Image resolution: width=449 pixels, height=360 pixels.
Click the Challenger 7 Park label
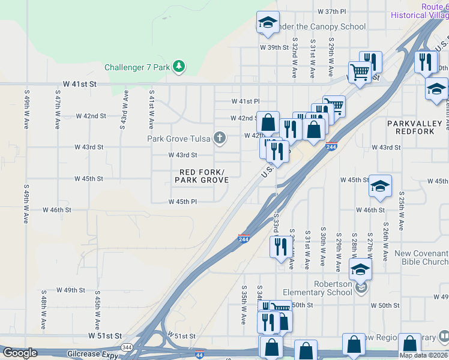point(137,67)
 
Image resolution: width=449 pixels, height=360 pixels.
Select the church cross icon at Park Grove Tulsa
point(220,139)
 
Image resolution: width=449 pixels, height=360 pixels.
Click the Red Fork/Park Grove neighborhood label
point(202,176)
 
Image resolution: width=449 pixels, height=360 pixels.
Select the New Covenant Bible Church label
point(421,257)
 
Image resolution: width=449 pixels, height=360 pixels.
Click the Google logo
point(20,353)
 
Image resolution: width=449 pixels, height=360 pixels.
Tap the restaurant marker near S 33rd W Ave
point(280,246)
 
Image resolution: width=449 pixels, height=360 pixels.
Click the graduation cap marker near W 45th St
point(380,186)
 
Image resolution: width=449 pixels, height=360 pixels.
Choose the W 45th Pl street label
point(183,202)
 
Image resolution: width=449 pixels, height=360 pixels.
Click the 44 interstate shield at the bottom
point(199,355)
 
